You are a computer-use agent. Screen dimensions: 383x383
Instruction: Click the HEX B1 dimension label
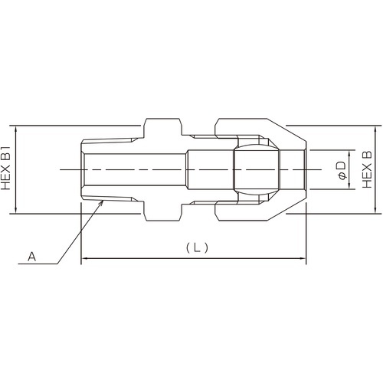[x=5, y=169]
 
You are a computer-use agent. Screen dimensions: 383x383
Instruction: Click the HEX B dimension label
[x=367, y=169]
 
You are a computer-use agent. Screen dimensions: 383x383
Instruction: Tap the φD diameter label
[x=341, y=170]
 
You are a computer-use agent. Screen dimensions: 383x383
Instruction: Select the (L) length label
[x=197, y=247]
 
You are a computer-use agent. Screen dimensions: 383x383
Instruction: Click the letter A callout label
[x=31, y=257]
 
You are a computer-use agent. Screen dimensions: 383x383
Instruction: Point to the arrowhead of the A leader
[x=101, y=202]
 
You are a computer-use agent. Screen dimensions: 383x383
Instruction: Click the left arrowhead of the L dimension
[x=84, y=258]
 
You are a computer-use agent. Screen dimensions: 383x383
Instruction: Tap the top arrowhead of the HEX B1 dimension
[x=16, y=129]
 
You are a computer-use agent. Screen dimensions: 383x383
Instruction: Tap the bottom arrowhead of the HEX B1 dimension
[x=16, y=210]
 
